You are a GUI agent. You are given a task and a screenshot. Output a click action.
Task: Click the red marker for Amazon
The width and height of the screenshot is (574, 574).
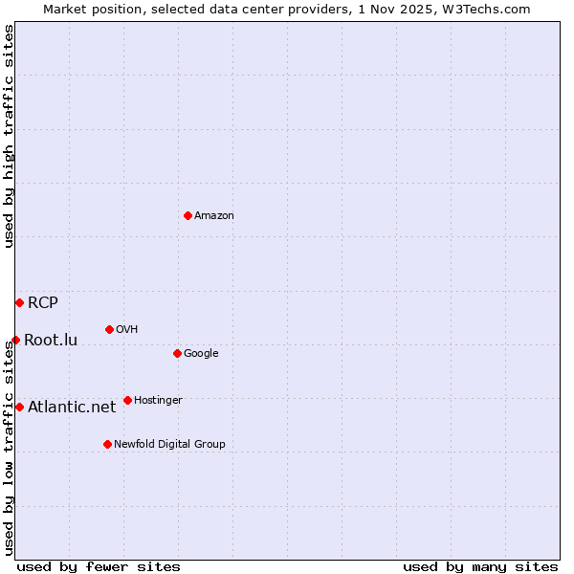[x=188, y=215]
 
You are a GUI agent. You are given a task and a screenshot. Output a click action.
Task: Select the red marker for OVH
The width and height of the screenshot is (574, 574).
[x=109, y=329]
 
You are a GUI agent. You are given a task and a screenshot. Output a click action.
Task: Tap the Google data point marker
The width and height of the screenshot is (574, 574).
[x=177, y=353]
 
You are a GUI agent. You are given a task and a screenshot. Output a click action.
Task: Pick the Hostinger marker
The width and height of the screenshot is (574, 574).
[x=127, y=400]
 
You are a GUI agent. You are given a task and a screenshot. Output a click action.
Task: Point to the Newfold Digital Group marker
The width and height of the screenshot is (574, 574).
[x=107, y=444]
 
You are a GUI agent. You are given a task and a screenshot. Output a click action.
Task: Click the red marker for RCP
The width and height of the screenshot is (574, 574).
[x=19, y=302]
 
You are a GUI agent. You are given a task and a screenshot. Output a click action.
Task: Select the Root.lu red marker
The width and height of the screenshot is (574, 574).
[x=15, y=340]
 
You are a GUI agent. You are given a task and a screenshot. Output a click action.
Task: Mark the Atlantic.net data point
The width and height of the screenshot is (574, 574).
[x=19, y=407]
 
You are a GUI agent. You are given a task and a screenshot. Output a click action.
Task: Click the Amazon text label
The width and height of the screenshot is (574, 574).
[x=214, y=215]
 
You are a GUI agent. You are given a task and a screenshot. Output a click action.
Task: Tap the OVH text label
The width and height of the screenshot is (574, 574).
[x=127, y=329]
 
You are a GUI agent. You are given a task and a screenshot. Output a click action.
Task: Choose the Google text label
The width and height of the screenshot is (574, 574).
[x=201, y=353]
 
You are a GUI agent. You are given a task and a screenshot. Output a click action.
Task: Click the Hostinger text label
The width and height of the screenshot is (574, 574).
[x=158, y=400]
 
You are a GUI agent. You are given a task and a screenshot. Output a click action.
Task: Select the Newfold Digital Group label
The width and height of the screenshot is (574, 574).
[x=169, y=444]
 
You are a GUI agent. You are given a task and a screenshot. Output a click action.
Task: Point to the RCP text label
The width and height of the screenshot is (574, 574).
[x=43, y=303]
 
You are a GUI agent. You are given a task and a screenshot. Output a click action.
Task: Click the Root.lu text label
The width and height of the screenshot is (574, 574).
[x=51, y=340]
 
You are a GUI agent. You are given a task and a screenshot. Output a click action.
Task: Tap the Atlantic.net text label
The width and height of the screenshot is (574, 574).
[x=72, y=407]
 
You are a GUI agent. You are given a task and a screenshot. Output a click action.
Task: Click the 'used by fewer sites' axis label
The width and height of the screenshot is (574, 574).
[x=99, y=566]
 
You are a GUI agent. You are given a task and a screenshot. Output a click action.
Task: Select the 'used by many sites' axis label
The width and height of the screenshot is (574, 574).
[x=480, y=566]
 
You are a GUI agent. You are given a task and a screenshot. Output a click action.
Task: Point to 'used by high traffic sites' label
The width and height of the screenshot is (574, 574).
[x=9, y=136]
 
